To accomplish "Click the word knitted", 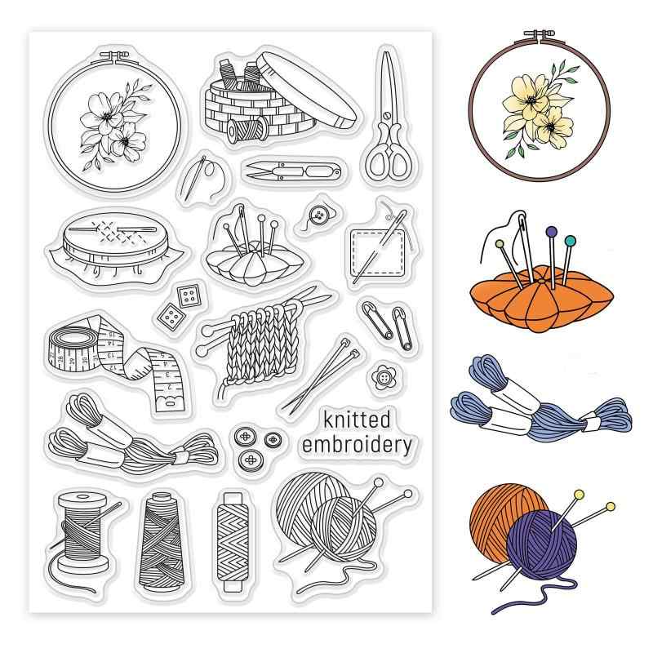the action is coord(357,420).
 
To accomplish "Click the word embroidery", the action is coord(357,445).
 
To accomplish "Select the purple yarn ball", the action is coord(541,544).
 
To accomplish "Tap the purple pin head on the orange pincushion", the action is coord(552,232).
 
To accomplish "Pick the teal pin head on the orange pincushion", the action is coord(570,240).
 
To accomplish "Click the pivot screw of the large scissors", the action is coord(387,113).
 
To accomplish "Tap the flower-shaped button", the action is coord(383,377).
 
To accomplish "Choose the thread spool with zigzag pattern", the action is coord(233,542).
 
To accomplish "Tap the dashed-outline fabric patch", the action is coord(378,253).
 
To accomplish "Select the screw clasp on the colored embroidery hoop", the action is coord(540,34).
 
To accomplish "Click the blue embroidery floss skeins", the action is coord(540,401).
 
